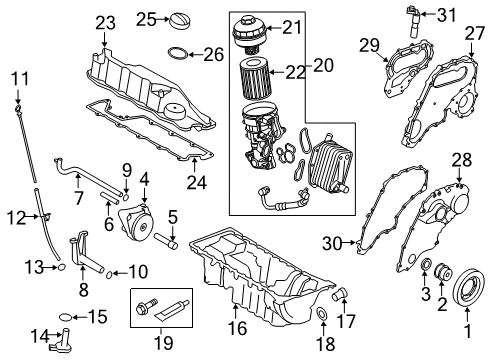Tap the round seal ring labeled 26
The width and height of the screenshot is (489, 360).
(x=176, y=52)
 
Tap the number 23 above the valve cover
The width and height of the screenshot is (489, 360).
(x=106, y=22)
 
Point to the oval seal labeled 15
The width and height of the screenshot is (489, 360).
(x=66, y=317)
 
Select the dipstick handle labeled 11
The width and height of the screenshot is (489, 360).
(x=19, y=96)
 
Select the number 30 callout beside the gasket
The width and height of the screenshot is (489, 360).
(x=332, y=243)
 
